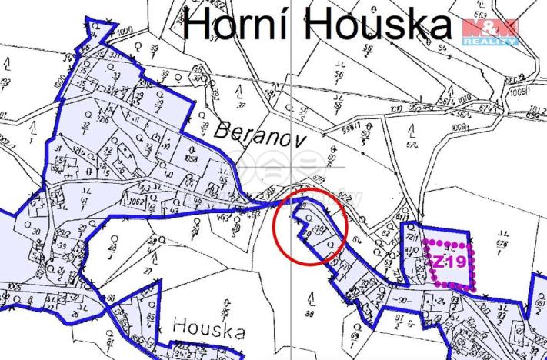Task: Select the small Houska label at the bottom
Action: tap(208, 328)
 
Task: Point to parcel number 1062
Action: tap(138, 203)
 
